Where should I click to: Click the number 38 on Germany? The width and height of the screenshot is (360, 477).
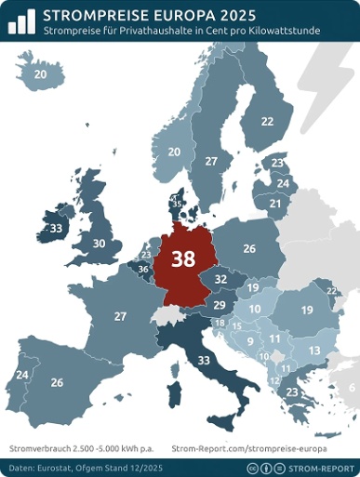(x=183, y=259)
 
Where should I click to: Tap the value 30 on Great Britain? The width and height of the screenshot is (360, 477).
(x=100, y=244)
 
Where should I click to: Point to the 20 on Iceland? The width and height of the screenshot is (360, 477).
(x=40, y=73)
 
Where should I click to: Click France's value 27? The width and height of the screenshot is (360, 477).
(x=120, y=316)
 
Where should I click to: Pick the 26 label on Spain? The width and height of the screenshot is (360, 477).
(x=57, y=382)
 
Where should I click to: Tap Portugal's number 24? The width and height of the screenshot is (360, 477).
(x=21, y=375)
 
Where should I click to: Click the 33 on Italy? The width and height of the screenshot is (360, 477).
(x=204, y=359)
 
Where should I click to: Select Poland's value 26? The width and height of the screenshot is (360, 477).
(x=248, y=248)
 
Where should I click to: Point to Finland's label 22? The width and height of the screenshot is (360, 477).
(x=268, y=121)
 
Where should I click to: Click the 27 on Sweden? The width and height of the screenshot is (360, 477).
(x=211, y=162)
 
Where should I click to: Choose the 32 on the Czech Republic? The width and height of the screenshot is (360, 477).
(x=220, y=279)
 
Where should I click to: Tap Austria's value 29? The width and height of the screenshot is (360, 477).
(x=219, y=305)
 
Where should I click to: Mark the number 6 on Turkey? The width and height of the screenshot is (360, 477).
(x=352, y=388)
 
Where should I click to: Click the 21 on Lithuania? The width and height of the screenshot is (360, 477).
(x=274, y=203)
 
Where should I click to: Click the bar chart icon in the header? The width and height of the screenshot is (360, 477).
(x=21, y=20)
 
